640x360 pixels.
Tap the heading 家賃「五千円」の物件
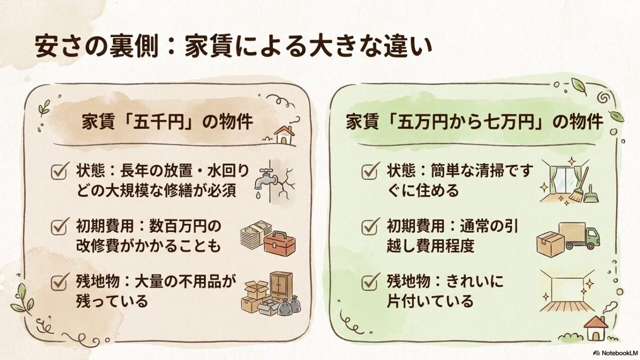[167, 122]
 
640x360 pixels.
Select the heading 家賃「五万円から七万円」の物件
[474, 122]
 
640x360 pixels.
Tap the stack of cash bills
[254, 234]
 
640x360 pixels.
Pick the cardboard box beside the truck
[550, 243]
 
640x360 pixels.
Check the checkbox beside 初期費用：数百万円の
[60, 227]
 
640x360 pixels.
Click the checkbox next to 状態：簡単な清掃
[369, 172]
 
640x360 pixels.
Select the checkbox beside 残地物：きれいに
[369, 282]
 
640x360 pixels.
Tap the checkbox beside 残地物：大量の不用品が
[60, 282]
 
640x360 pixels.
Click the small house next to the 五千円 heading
[285, 134]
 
